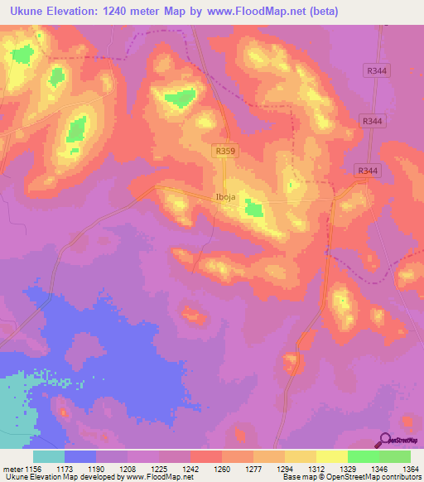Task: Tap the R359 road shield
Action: click(x=224, y=151)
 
